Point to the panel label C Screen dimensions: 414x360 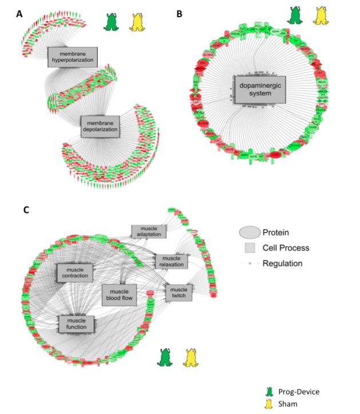pos(26,210)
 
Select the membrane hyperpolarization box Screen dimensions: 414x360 pos(73,57)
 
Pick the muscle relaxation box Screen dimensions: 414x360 pos(171,261)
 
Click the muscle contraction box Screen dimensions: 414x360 pos(74,273)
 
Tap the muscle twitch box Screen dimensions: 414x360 pos(179,293)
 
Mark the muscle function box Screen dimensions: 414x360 pos(76,324)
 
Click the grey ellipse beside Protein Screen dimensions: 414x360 pos(250,232)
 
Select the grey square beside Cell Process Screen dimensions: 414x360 pos(250,248)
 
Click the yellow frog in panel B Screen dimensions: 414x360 pos(322,14)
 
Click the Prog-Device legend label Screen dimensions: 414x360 pos(299,392)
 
